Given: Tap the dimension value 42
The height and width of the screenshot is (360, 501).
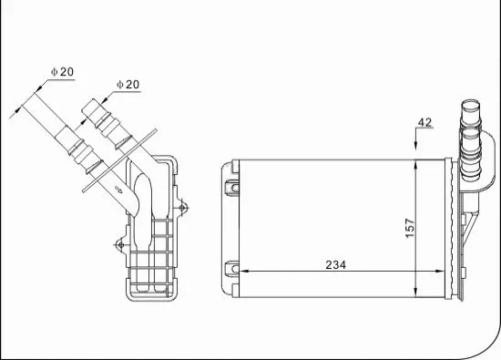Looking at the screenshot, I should [x=424, y=122].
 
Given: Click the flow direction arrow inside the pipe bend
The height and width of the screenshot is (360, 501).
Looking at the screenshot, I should [x=120, y=190].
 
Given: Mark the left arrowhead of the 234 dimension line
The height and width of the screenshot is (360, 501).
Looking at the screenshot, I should [x=242, y=271].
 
